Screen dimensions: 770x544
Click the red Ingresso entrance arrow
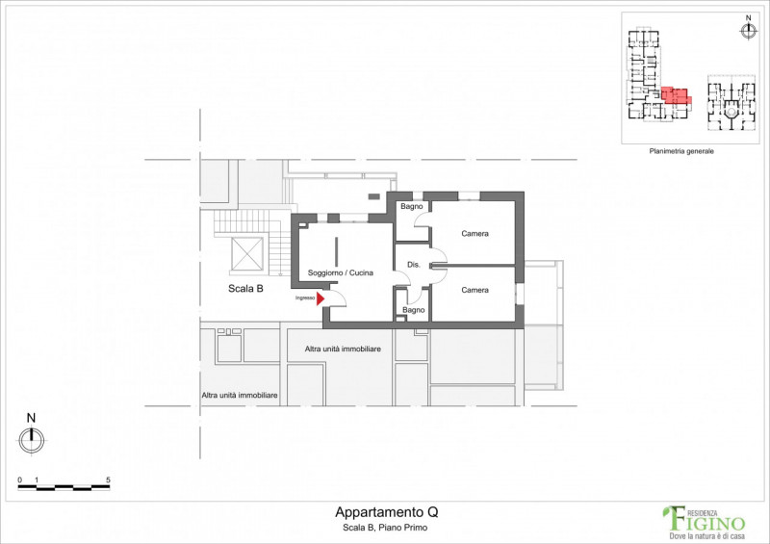pyautogui.click(x=321, y=298)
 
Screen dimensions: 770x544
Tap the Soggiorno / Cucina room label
pyautogui.click(x=341, y=272)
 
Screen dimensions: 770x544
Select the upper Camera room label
pyautogui.click(x=475, y=233)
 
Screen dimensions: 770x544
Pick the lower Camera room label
pyautogui.click(x=475, y=290)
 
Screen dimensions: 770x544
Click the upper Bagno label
pyautogui.click(x=412, y=206)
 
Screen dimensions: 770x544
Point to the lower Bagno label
pyautogui.click(x=414, y=310)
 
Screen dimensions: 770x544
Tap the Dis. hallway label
pyautogui.click(x=414, y=265)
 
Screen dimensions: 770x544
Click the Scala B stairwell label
pyautogui.click(x=245, y=289)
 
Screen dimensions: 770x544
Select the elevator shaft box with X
pyautogui.click(x=247, y=253)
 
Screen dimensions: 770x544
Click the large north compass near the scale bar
pyautogui.click(x=32, y=439)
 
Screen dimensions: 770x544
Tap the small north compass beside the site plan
pyautogui.click(x=748, y=31)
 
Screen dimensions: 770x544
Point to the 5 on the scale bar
pyautogui.click(x=108, y=479)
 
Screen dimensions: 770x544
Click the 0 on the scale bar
pyautogui.click(x=19, y=479)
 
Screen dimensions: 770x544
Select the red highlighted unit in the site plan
pyautogui.click(x=676, y=95)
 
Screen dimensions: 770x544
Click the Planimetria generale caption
pyautogui.click(x=681, y=151)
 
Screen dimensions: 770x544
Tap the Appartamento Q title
pyautogui.click(x=387, y=512)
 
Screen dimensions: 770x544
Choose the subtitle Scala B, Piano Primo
pyautogui.click(x=385, y=528)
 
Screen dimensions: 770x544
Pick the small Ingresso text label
pyautogui.click(x=305, y=298)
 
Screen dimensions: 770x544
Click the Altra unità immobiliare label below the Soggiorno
pyautogui.click(x=343, y=349)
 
